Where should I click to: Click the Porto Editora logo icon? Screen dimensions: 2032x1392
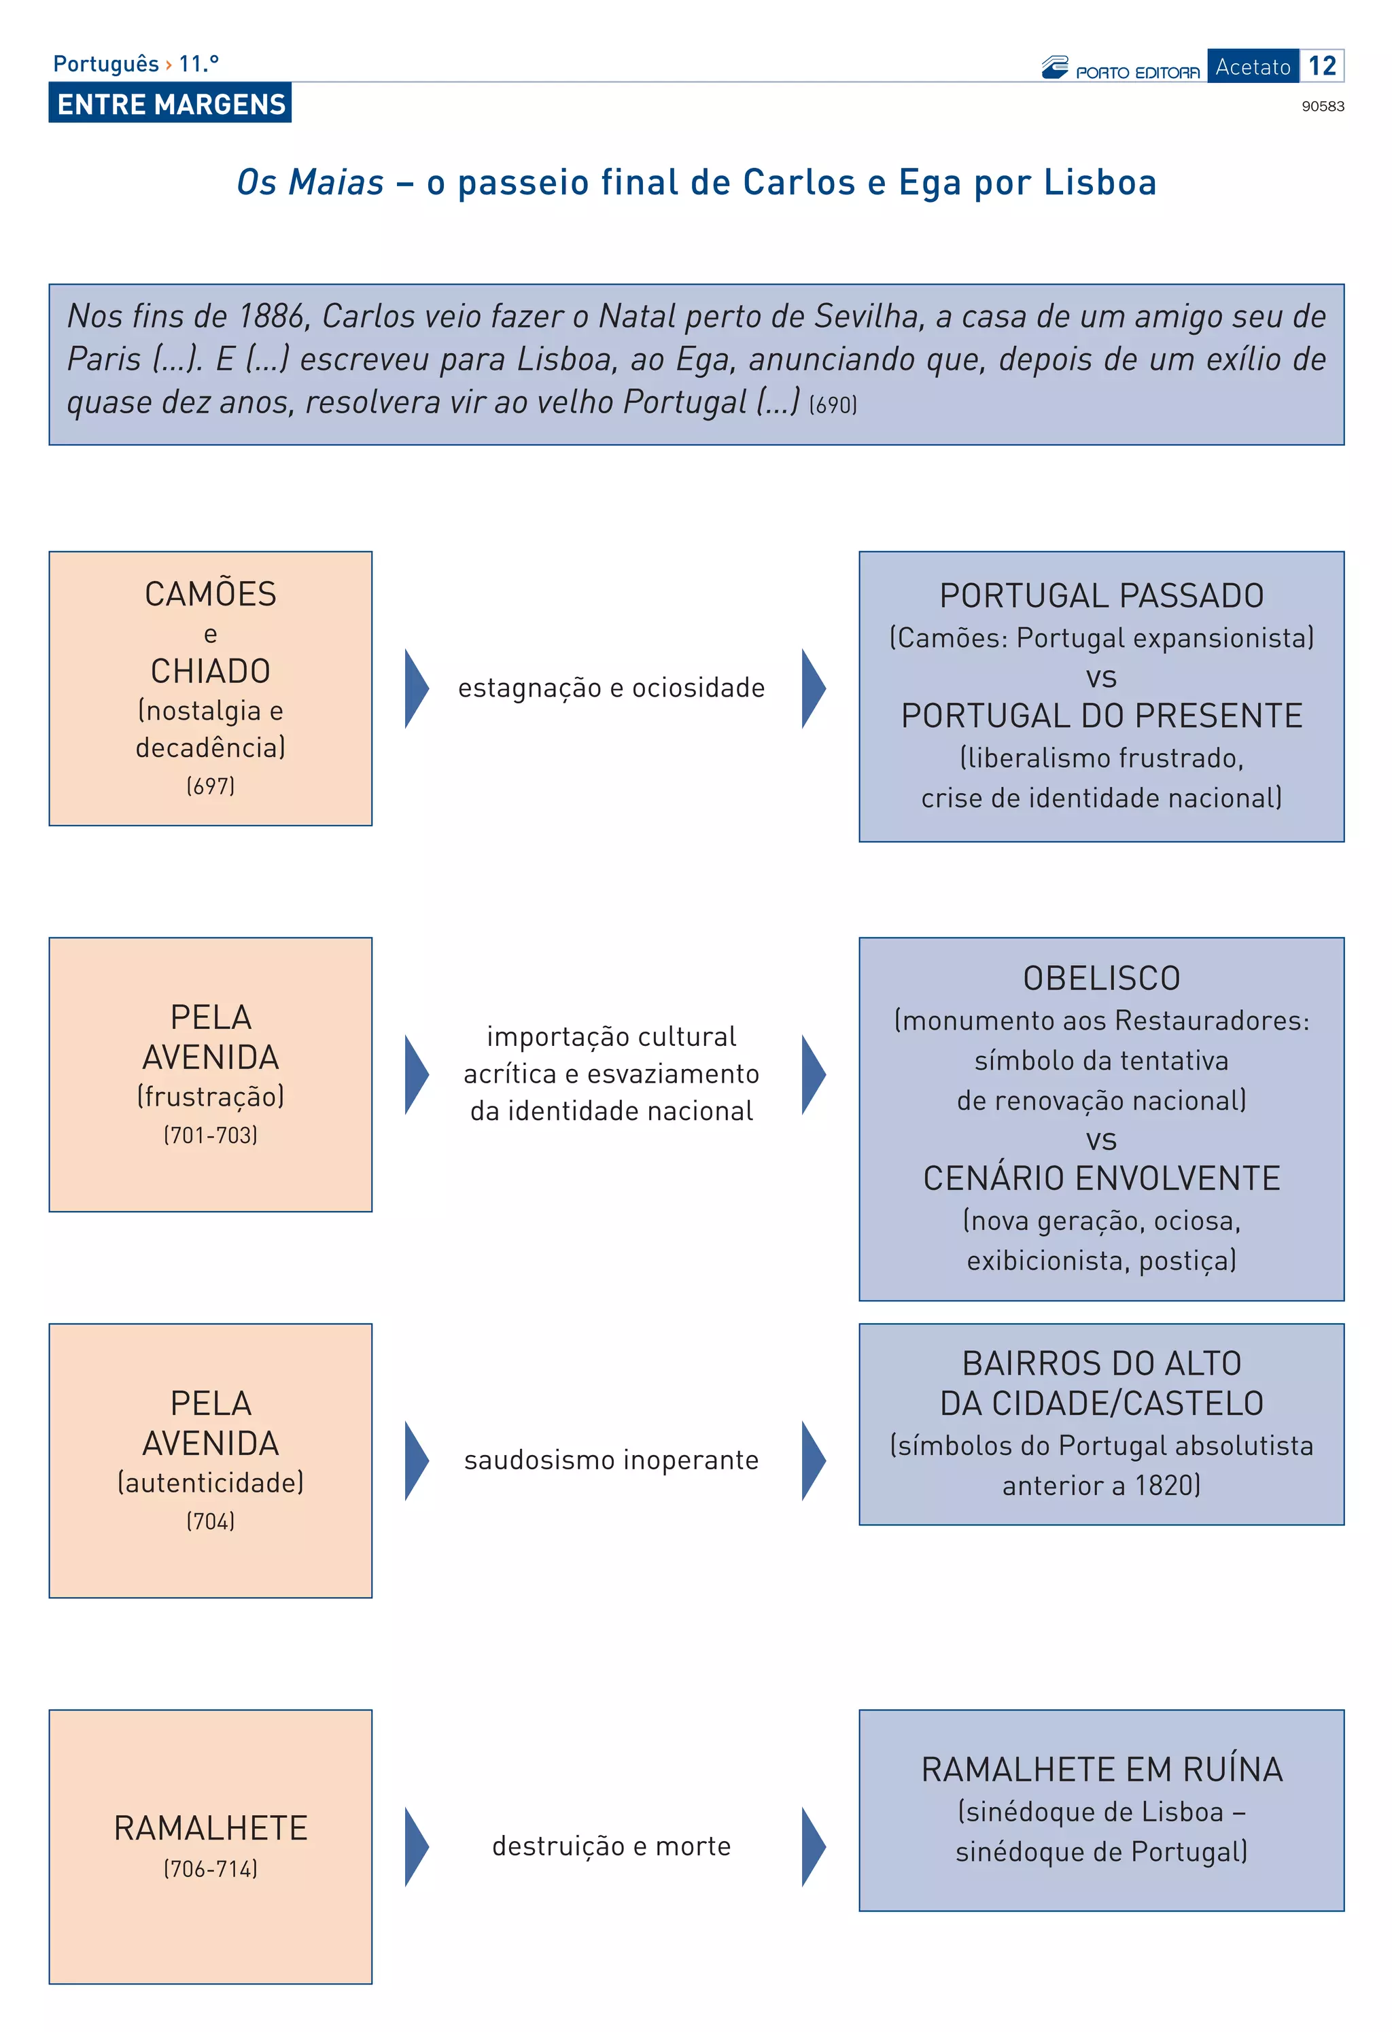(x=1054, y=67)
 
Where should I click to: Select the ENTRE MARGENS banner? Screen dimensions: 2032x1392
(x=171, y=104)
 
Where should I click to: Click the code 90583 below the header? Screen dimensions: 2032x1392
(x=1322, y=107)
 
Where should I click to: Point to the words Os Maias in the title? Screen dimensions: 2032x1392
(x=311, y=183)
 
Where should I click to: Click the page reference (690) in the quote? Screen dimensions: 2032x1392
(x=833, y=405)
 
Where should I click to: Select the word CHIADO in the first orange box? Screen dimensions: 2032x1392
(x=210, y=671)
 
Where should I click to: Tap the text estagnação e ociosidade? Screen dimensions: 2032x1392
(x=611, y=688)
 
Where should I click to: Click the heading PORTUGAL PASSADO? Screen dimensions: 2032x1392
(x=1101, y=596)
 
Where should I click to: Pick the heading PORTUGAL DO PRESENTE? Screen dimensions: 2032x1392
(x=1101, y=716)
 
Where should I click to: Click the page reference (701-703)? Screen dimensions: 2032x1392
(x=210, y=1135)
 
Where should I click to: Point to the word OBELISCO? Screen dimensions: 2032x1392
(x=1101, y=979)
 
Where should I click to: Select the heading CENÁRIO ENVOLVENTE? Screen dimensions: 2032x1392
(x=1101, y=1178)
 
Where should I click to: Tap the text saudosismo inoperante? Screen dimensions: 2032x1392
(x=611, y=1460)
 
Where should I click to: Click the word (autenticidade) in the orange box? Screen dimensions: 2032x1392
(x=210, y=1482)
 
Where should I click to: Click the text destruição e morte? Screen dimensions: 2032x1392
(x=611, y=1846)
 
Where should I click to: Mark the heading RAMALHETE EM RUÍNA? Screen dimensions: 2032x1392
(x=1101, y=1770)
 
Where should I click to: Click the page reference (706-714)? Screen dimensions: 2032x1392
(x=210, y=1868)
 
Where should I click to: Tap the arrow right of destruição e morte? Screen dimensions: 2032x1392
(x=812, y=1846)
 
